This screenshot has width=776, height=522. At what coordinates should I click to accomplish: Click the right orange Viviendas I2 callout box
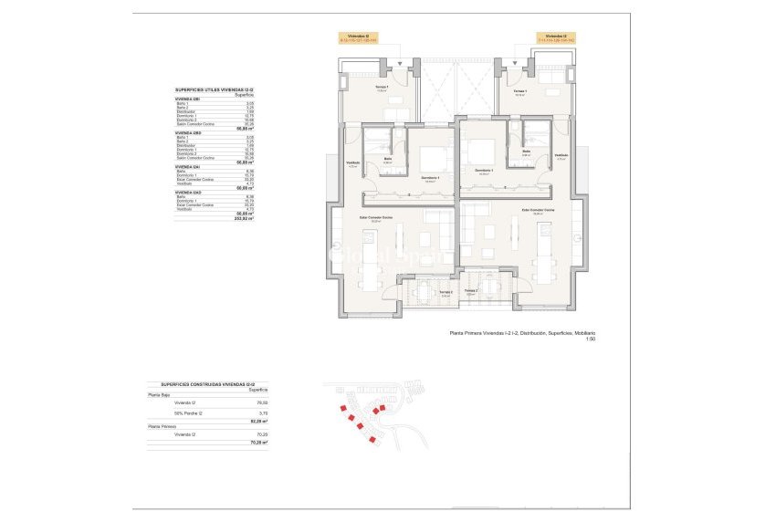(x=559, y=38)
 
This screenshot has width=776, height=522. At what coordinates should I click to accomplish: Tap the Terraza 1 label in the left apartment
(x=382, y=89)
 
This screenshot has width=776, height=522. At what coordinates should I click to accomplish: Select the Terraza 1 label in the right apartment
(x=519, y=92)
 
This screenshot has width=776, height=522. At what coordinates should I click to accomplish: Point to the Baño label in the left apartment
(x=388, y=159)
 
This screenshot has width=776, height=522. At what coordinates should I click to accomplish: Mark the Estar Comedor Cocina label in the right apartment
(x=538, y=210)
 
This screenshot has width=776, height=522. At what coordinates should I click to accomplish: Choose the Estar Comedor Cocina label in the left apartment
(x=375, y=217)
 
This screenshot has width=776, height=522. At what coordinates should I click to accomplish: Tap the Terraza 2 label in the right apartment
(x=471, y=290)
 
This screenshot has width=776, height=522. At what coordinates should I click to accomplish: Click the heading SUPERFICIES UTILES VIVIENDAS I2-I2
(x=214, y=89)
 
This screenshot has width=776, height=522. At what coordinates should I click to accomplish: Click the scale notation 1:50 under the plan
(x=590, y=340)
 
